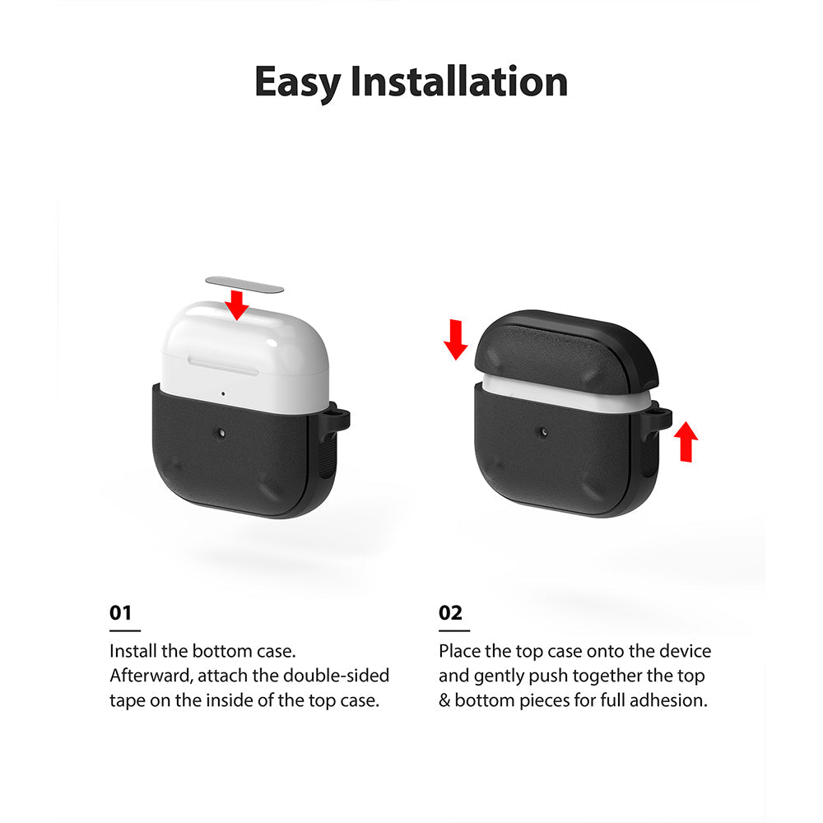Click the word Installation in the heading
tap(458, 82)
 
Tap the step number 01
tap(120, 613)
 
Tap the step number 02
tap(450, 613)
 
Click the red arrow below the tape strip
tap(238, 305)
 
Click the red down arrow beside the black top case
tap(454, 340)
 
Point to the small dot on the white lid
tap(223, 393)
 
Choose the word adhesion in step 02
tap(675, 702)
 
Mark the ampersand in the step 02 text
tap(445, 702)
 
